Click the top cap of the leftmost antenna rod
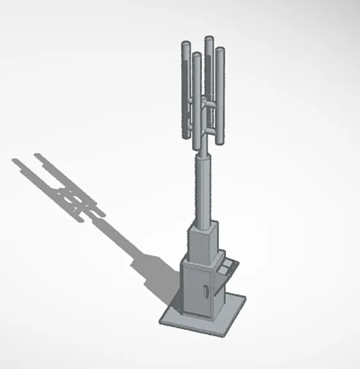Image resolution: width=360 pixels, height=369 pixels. [x=185, y=44]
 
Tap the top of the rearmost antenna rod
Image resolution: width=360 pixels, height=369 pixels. [x=209, y=40]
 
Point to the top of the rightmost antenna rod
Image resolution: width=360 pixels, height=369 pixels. [x=220, y=50]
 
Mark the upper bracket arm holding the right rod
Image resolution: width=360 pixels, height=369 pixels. [x=212, y=101]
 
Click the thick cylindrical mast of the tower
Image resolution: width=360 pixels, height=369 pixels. [x=203, y=189]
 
